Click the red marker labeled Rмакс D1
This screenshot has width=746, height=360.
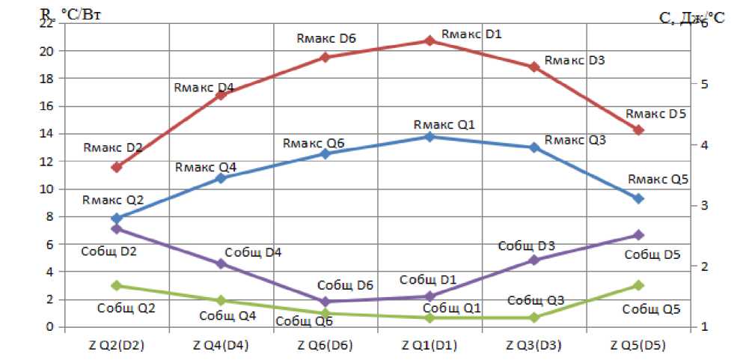pyautogui.click(x=429, y=40)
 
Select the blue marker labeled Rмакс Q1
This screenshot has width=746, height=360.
pyautogui.click(x=429, y=137)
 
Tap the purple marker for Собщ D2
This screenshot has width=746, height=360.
pyautogui.click(x=116, y=228)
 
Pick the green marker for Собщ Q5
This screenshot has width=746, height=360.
pyautogui.click(x=639, y=285)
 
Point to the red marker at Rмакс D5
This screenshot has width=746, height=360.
pyautogui.click(x=639, y=130)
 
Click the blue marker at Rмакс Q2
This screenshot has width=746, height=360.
pyautogui.click(x=116, y=218)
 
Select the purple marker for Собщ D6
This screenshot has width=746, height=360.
pyautogui.click(x=325, y=302)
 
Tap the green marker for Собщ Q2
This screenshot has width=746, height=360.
pyautogui.click(x=116, y=285)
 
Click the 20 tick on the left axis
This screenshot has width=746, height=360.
pyautogui.click(x=47, y=51)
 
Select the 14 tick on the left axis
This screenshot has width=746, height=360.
pyautogui.click(x=47, y=134)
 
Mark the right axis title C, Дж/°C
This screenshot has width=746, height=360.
pyautogui.click(x=693, y=18)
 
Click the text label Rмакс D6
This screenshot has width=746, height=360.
pyautogui.click(x=325, y=38)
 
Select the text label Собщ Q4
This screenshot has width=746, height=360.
pyautogui.click(x=227, y=315)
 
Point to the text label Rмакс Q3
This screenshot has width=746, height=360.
pyautogui.click(x=575, y=140)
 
